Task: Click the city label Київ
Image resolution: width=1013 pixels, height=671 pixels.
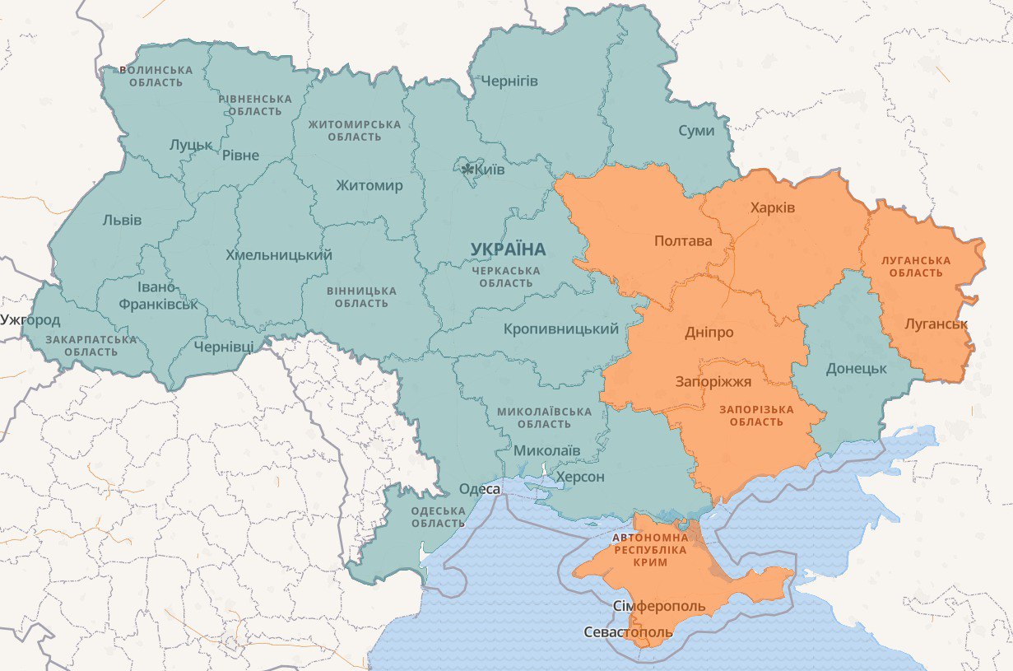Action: (490, 170)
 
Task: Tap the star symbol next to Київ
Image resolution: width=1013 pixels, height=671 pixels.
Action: (468, 170)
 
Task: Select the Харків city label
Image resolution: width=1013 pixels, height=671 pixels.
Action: (773, 207)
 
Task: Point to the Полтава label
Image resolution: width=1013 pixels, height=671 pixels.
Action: (683, 241)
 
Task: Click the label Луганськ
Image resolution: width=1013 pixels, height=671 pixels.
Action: (936, 324)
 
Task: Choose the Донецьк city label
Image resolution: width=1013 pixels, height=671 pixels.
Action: (856, 368)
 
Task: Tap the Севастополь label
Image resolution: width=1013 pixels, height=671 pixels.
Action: (628, 632)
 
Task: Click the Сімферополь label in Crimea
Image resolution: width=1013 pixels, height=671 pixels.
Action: (660, 607)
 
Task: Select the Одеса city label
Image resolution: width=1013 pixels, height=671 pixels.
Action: (479, 489)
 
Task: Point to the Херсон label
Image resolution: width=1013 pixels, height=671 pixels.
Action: (580, 477)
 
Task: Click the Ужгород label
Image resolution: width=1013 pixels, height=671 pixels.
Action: (30, 319)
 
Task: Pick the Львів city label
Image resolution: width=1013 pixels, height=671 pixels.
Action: (122, 220)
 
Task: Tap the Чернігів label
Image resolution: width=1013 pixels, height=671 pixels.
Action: (509, 81)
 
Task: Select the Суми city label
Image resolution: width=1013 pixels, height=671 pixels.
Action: (696, 131)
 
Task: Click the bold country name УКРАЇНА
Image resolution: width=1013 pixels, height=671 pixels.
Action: (508, 249)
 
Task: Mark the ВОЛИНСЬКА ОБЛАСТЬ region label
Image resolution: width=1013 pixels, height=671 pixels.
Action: (156, 77)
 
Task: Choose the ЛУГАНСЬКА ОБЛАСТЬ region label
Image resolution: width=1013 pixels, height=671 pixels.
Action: (915, 267)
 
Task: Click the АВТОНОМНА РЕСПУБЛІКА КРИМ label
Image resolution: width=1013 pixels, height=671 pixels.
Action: (650, 549)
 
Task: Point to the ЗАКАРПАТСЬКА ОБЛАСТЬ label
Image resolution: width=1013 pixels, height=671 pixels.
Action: (91, 346)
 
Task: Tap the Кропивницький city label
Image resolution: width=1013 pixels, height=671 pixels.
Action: (561, 329)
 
